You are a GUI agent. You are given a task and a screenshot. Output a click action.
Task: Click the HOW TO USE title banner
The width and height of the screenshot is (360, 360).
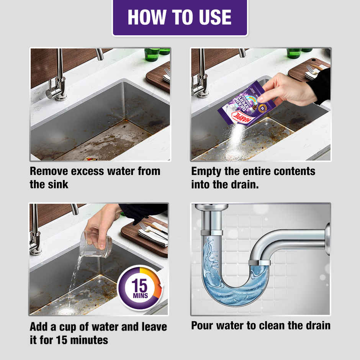pyautogui.click(x=180, y=17)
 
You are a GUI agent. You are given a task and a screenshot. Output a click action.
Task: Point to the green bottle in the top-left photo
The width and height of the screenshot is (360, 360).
pyautogui.click(x=152, y=54)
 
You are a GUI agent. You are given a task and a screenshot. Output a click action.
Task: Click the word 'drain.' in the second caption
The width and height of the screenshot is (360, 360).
pyautogui.click(x=242, y=184)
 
